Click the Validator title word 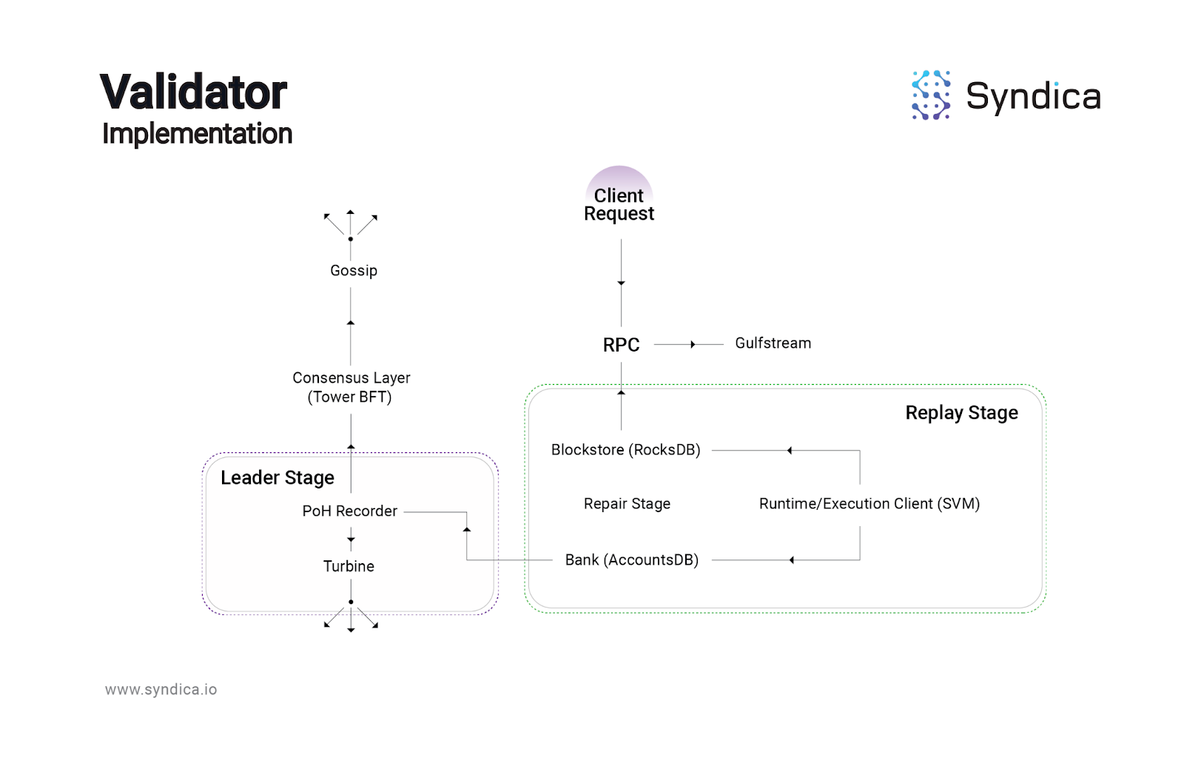(193, 93)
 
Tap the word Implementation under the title (197, 134)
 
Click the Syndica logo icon (931, 95)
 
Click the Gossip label (354, 271)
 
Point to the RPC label (622, 345)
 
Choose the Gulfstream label (773, 343)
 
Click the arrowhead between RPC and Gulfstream (693, 345)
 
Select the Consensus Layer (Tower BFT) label (351, 388)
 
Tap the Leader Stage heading (277, 478)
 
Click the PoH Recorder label (349, 511)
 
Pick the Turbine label (349, 567)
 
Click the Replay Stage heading (961, 413)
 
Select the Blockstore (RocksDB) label (625, 450)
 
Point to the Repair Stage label (627, 504)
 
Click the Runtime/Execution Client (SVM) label (869, 504)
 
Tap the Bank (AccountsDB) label (631, 560)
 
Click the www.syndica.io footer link (161, 690)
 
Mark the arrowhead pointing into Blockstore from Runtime (790, 451)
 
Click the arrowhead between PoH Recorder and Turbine (351, 540)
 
